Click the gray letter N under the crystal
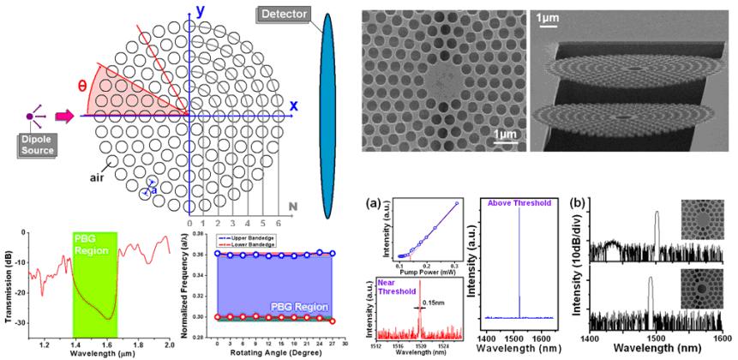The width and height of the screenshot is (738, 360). point(293,207)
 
